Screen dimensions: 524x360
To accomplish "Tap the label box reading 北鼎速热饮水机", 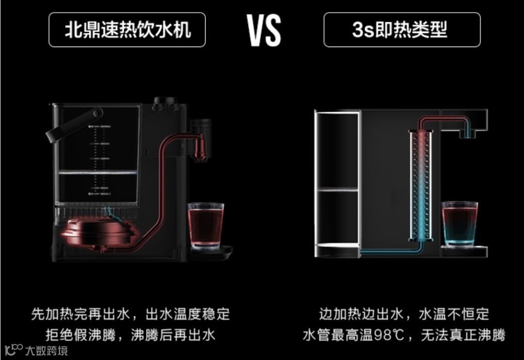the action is [127, 30].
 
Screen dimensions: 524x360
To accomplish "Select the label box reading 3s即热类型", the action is [402, 30].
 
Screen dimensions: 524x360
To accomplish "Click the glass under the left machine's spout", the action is [206, 226].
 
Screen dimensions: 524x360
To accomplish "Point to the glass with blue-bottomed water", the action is [459, 224].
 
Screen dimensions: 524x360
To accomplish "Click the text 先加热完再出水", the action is [80, 314].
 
